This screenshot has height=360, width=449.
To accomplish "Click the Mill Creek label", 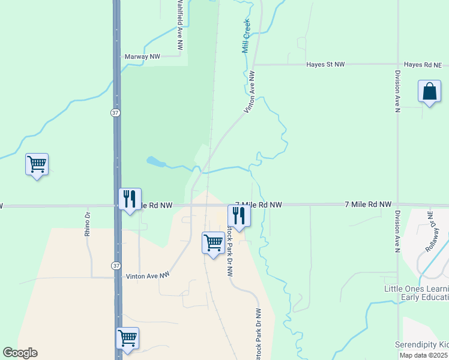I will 246,35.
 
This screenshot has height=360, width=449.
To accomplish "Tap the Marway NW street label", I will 142,56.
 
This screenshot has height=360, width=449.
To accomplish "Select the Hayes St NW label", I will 325,64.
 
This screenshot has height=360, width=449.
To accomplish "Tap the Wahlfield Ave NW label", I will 179,24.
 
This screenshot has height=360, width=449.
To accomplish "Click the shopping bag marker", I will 430,92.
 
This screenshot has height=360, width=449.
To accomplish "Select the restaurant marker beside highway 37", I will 130,199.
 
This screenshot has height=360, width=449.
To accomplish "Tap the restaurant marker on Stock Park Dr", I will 238,215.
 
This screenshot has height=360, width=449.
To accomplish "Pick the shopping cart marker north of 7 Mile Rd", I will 37,164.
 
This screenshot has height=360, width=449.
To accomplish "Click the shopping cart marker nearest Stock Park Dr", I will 213,243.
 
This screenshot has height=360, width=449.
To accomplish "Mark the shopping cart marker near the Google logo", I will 128,338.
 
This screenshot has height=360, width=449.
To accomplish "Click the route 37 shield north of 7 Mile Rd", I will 115,113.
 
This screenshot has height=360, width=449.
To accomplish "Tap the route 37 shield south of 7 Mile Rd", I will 115,265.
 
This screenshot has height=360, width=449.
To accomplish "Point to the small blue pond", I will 155,161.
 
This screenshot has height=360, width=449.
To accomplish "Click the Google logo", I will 20,353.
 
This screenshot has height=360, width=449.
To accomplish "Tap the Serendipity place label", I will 421,344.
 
